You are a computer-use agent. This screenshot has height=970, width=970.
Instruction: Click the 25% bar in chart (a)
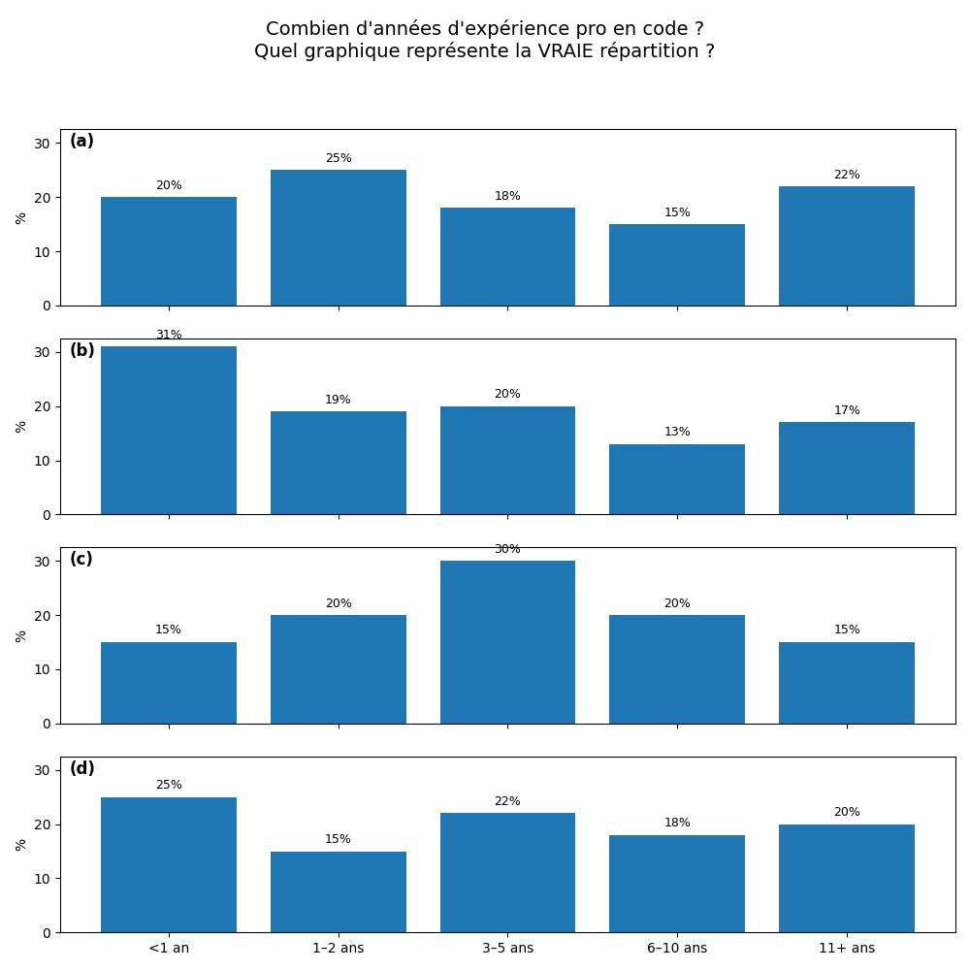tap(338, 238)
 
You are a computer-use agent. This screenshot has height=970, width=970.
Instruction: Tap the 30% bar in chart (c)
tap(507, 642)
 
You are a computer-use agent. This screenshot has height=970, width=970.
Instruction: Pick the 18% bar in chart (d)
tap(677, 883)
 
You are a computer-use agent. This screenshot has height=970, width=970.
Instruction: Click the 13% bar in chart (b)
tap(677, 479)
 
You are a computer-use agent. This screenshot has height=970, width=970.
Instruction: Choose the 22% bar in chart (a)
tap(847, 245)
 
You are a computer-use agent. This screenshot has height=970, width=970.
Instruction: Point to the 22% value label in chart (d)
tap(507, 801)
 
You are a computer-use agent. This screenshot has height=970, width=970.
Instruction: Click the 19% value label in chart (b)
tap(338, 400)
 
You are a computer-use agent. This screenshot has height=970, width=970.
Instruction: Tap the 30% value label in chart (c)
tap(507, 549)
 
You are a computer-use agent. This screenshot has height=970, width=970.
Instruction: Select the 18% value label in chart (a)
tap(507, 196)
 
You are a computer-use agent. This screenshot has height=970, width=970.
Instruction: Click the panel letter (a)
tap(81, 142)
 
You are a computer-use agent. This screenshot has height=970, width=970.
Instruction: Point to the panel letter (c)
tap(81, 560)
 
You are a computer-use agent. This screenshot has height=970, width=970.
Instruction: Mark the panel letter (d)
tap(81, 769)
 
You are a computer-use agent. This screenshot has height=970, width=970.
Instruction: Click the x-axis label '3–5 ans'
tap(507, 948)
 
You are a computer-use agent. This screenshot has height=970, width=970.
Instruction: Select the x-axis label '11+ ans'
tap(847, 948)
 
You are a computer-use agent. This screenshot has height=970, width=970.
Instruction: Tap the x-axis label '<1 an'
tap(169, 948)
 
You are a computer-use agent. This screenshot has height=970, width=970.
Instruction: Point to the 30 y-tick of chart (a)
tap(43, 144)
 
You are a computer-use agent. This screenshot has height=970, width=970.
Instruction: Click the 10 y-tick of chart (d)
tap(43, 879)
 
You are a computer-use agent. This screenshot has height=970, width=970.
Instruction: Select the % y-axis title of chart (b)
tap(21, 427)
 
